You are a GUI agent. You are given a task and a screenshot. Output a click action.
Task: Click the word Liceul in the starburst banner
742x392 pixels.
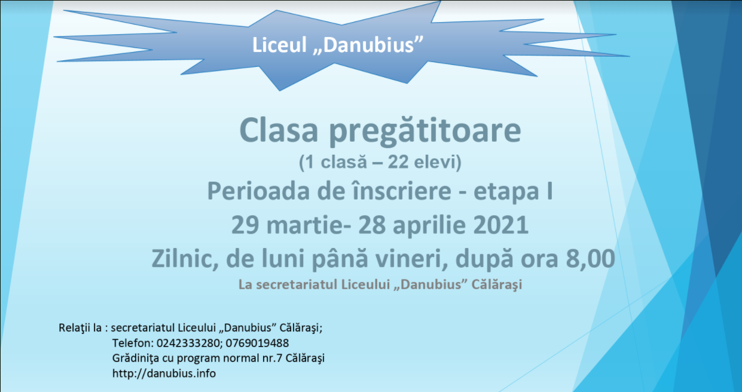(x=280, y=45)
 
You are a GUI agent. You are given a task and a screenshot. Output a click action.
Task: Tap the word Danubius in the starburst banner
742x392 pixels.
(x=368, y=45)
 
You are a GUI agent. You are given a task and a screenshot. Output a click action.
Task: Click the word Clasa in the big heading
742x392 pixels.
(x=279, y=130)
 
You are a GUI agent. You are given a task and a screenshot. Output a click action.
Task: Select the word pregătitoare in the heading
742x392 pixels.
(x=425, y=131)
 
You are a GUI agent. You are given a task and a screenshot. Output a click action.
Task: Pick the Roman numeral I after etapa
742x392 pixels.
(x=549, y=191)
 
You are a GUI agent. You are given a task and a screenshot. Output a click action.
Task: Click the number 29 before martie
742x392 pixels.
(x=245, y=225)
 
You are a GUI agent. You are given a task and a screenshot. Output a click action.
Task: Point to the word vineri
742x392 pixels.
(x=412, y=259)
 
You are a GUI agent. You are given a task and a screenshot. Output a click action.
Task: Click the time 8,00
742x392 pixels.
(x=591, y=259)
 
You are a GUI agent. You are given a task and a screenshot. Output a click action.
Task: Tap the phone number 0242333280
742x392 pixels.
(x=187, y=343)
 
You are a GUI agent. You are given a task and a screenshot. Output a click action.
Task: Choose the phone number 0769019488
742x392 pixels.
(x=257, y=343)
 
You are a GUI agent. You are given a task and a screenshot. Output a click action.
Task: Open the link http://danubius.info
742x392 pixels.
(x=164, y=373)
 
